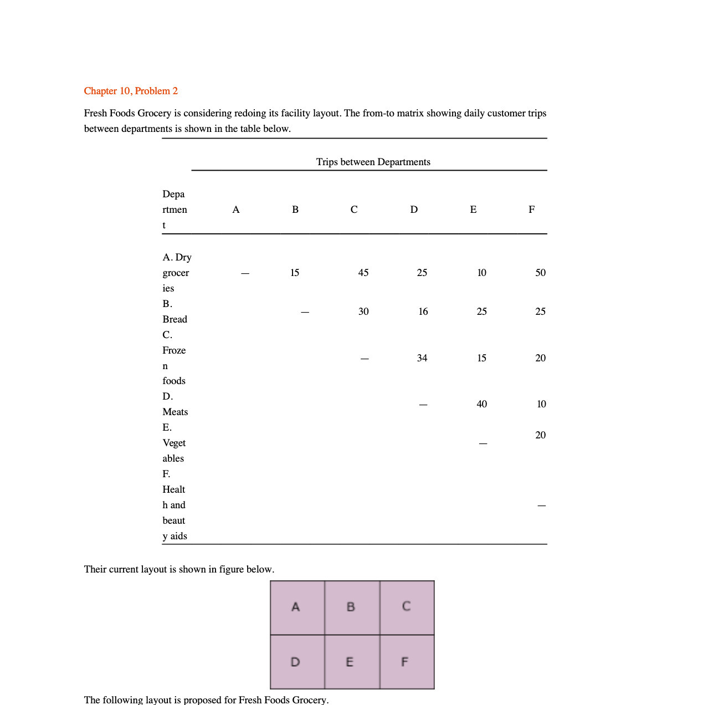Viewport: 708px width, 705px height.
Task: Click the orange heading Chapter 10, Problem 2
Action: pos(131,91)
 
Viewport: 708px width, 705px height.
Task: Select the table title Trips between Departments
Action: pos(373,162)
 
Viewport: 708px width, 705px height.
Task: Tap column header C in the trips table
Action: pos(354,210)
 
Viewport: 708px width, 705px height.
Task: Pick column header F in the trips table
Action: pos(531,210)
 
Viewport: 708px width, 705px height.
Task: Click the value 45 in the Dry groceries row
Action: pos(363,273)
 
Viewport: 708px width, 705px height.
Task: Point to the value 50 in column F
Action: pos(540,273)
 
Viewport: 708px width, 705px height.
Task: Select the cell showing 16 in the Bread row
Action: pos(423,311)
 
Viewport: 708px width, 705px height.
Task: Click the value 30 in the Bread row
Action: pos(363,311)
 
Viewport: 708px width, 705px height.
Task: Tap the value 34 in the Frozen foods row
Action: pos(422,358)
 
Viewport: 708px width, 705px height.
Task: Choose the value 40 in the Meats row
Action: pos(481,404)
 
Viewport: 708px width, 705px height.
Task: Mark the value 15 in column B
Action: pos(295,273)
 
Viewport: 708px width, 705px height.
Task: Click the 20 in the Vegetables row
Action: pos(540,435)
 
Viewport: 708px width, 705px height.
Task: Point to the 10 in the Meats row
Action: pos(541,404)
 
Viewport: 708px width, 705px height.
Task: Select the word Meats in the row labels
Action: pos(175,412)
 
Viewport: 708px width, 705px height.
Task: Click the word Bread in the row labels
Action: pos(175,319)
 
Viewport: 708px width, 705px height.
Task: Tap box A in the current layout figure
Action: pos(297,607)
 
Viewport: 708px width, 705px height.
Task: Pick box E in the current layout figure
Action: pos(351,662)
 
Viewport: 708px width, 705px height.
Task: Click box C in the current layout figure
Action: pos(407,607)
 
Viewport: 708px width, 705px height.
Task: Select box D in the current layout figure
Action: pos(297,662)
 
